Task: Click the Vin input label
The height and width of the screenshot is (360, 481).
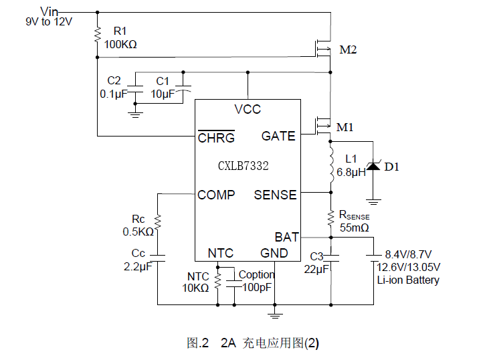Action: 50,11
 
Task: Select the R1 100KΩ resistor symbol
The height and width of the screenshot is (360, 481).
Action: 98,33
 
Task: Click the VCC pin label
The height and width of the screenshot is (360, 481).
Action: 248,109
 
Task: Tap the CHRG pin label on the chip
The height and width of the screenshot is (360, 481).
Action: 216,138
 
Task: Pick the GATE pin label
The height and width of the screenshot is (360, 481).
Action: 278,136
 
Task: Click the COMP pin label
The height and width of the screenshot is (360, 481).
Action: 216,195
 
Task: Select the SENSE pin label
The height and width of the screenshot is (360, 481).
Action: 275,195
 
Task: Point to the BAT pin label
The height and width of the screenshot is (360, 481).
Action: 286,237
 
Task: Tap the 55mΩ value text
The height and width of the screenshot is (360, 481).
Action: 355,228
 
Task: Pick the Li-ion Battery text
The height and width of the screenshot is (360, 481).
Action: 408,280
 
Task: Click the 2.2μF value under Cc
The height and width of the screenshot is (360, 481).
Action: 138,266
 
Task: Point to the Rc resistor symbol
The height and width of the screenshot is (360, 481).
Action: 157,221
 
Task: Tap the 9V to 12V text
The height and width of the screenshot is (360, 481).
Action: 49,21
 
